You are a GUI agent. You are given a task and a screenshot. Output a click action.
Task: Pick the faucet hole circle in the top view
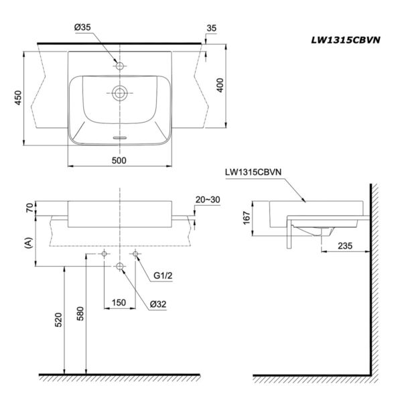point(121,66)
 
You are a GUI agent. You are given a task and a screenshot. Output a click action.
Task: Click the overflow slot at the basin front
point(121,137)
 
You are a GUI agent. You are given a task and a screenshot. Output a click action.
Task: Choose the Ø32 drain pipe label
point(159,304)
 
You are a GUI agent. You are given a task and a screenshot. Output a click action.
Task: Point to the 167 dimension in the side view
point(247,218)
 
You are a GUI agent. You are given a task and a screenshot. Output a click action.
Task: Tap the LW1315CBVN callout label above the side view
point(254,172)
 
